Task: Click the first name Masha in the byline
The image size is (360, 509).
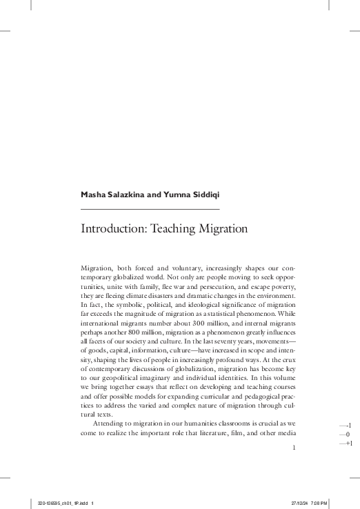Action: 94,196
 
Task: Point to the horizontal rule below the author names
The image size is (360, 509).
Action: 150,208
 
